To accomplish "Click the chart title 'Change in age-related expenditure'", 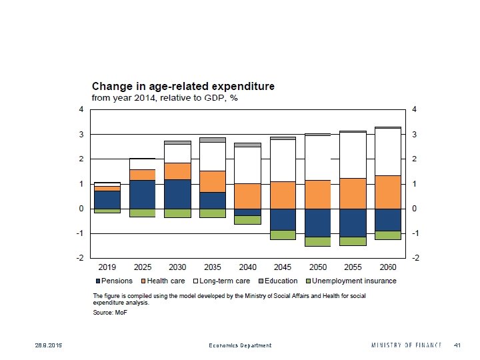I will click(183, 87).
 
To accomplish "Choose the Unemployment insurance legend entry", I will click(351, 281).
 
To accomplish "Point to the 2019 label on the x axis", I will click(107, 266).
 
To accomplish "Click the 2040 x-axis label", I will click(247, 266).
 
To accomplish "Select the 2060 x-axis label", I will click(388, 266).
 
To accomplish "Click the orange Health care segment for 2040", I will click(247, 196).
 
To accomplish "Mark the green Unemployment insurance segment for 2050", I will click(318, 241).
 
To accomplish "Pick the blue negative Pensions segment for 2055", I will click(353, 223).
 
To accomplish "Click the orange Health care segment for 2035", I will click(213, 181).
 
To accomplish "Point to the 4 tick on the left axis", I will click(82, 109).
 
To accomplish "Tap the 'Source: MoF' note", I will click(109, 313).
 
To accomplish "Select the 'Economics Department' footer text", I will click(240, 345).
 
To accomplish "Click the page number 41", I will click(457, 345).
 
